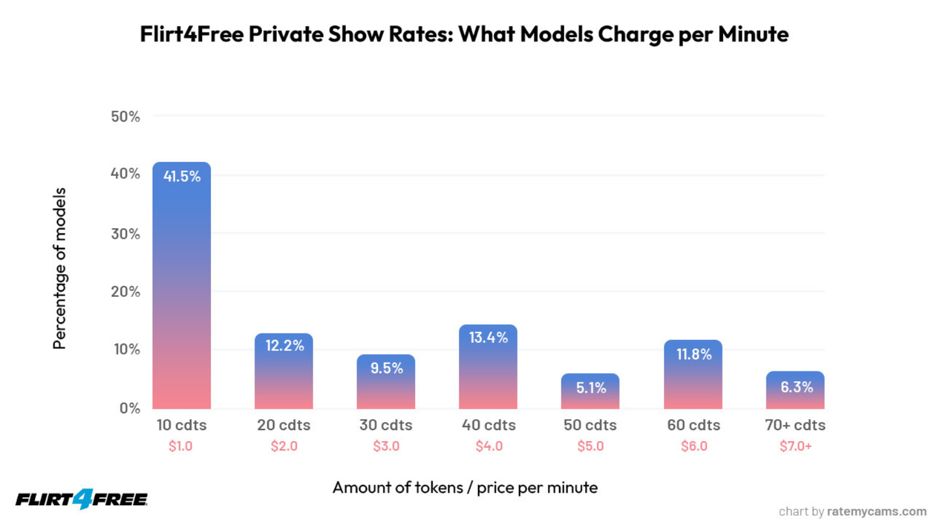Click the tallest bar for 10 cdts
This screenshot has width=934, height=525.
(181, 291)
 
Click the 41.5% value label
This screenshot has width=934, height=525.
(182, 176)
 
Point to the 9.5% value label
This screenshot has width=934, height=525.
(387, 368)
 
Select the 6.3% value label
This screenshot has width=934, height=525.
(796, 387)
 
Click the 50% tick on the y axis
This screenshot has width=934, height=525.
(125, 116)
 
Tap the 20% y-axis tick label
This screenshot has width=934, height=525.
(125, 292)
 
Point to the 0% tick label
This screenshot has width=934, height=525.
(130, 408)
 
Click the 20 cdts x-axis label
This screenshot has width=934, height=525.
(284, 425)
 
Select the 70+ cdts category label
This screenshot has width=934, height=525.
(795, 425)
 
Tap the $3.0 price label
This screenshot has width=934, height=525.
(386, 446)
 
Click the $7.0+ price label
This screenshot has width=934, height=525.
(795, 446)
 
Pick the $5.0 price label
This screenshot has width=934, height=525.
(590, 446)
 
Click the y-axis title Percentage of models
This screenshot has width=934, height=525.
(59, 268)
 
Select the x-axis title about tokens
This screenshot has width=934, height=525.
(465, 487)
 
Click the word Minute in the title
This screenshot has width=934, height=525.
(753, 34)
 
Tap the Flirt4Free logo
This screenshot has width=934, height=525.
(82, 499)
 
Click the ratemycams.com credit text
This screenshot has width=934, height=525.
(876, 511)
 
